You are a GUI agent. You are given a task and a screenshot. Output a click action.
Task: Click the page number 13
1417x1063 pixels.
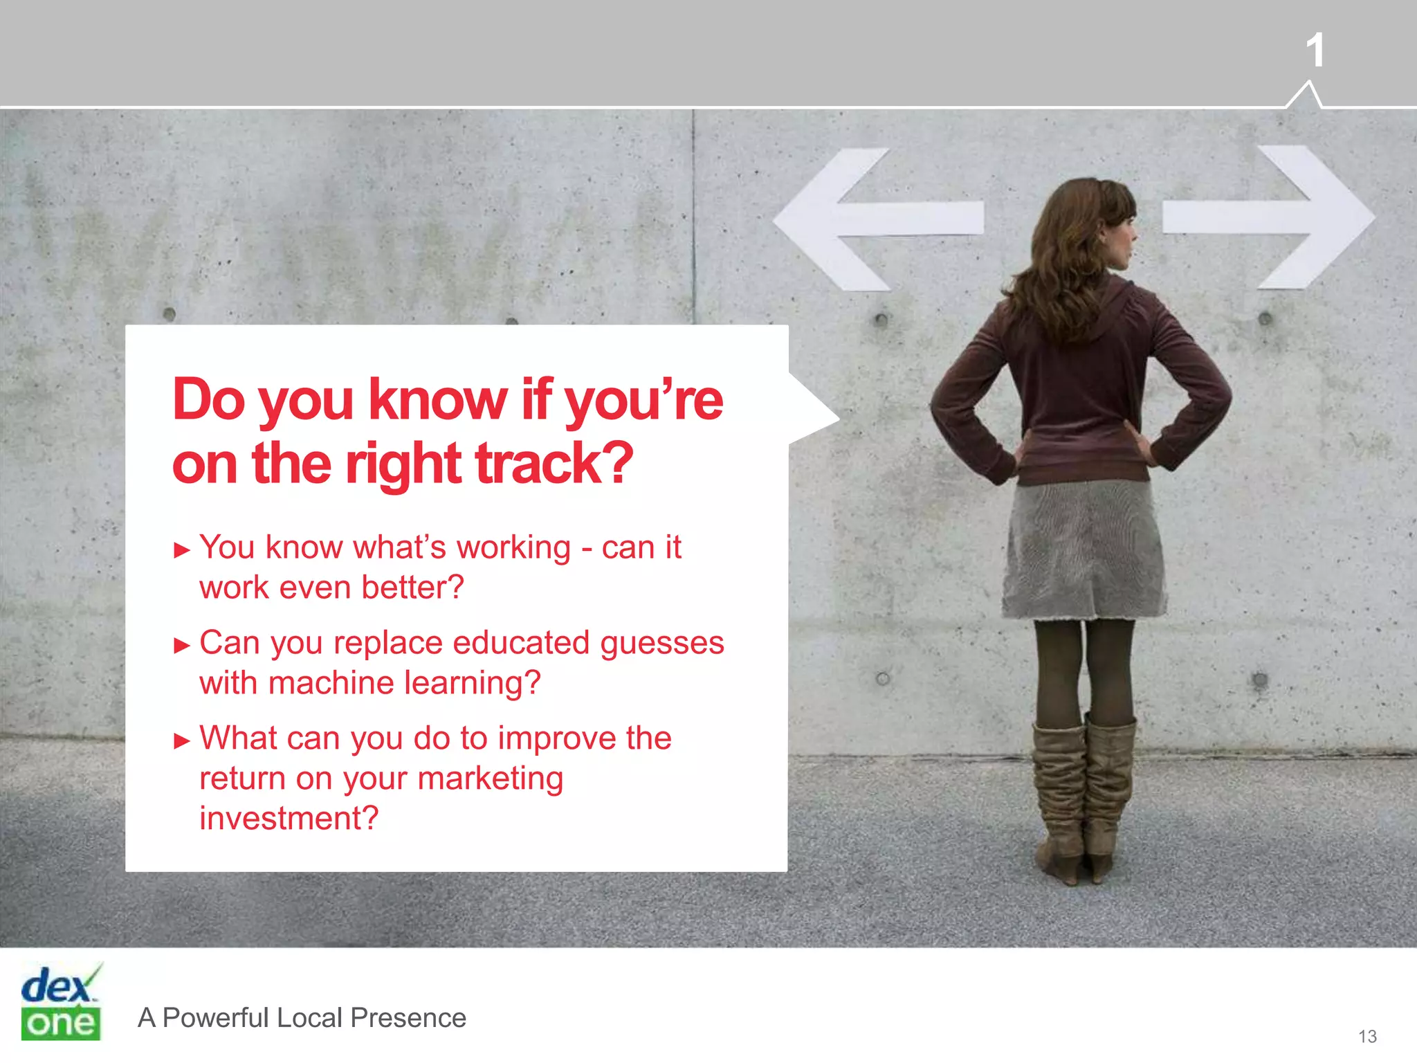(1367, 1036)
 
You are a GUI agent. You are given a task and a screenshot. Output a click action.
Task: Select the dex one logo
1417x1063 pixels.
(61, 1003)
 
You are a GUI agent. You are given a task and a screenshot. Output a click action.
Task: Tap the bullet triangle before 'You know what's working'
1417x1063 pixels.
(182, 551)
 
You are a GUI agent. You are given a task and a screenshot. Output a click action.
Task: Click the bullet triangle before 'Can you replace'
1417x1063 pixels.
(182, 646)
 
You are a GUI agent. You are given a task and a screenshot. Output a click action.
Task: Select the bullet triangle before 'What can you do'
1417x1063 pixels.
(182, 742)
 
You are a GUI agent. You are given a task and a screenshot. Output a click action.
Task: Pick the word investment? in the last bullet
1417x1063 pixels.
(289, 819)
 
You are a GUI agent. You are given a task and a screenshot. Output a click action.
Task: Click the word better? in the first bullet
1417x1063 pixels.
(412, 588)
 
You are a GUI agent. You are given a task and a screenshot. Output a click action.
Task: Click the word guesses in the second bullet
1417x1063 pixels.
(662, 644)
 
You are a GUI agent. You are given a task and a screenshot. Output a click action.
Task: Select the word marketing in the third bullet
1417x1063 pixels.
(491, 779)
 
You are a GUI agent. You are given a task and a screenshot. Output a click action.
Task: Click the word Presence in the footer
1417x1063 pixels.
(408, 1018)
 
